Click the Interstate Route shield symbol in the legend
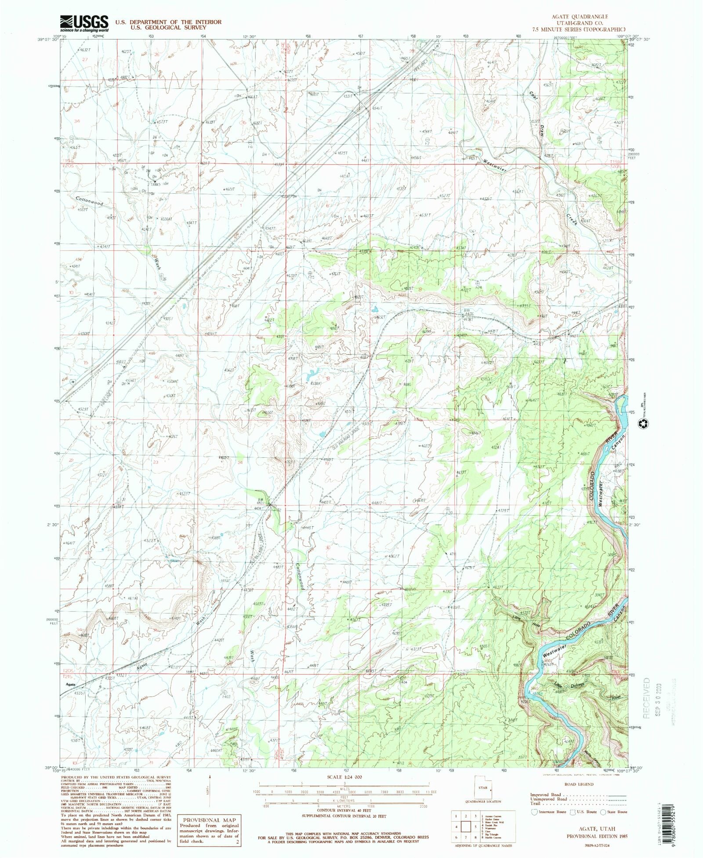(535, 812)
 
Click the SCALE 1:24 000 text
(344, 777)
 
